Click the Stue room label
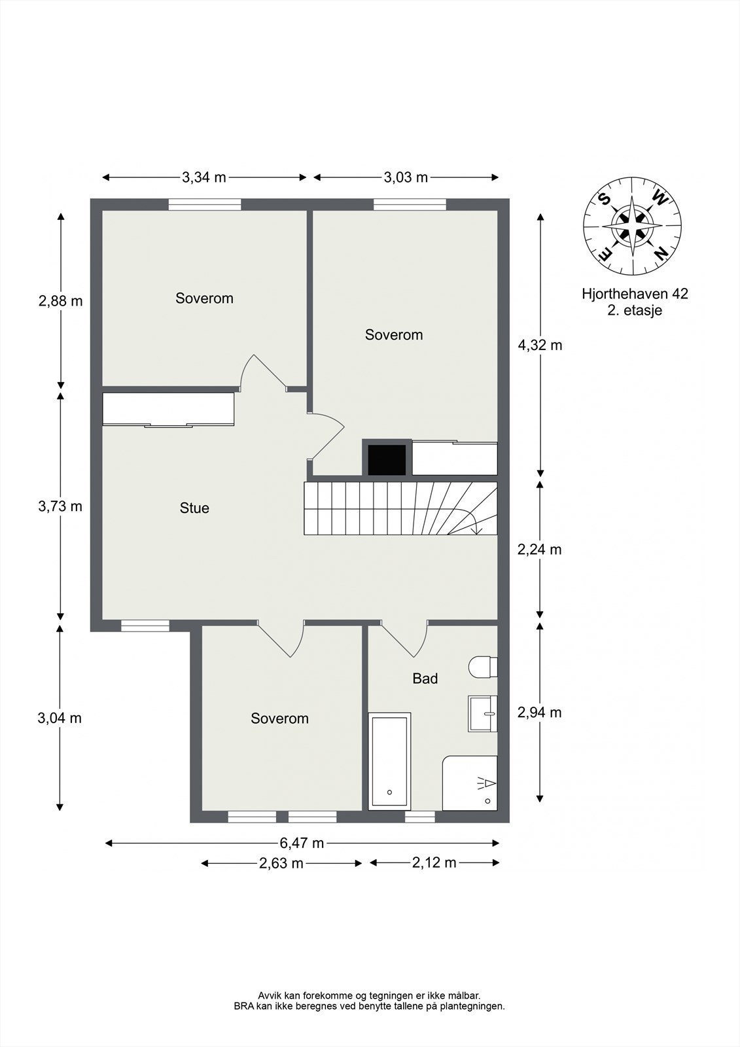coord(194,508)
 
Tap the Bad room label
coord(425,679)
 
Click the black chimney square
coord(387,460)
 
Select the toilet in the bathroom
coord(483,667)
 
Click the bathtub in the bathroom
coord(389,762)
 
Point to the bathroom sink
coord(482,713)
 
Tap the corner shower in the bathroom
coord(470,783)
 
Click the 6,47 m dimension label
coord(302,843)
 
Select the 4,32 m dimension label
coord(540,346)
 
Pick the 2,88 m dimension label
coord(61,301)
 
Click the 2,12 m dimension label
coord(434,862)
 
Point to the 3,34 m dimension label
coord(204,177)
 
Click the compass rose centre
coord(632,226)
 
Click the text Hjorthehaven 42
coord(635,294)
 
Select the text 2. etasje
coord(635,310)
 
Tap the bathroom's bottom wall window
coord(420,817)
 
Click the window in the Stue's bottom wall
coord(145,626)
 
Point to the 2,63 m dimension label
coord(281,863)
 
